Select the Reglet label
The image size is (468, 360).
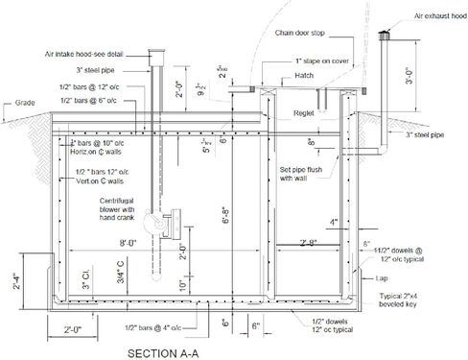tap(305, 111)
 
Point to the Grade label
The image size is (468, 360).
tap(17, 103)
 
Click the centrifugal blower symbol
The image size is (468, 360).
tap(159, 224)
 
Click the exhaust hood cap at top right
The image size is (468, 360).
tap(388, 36)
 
